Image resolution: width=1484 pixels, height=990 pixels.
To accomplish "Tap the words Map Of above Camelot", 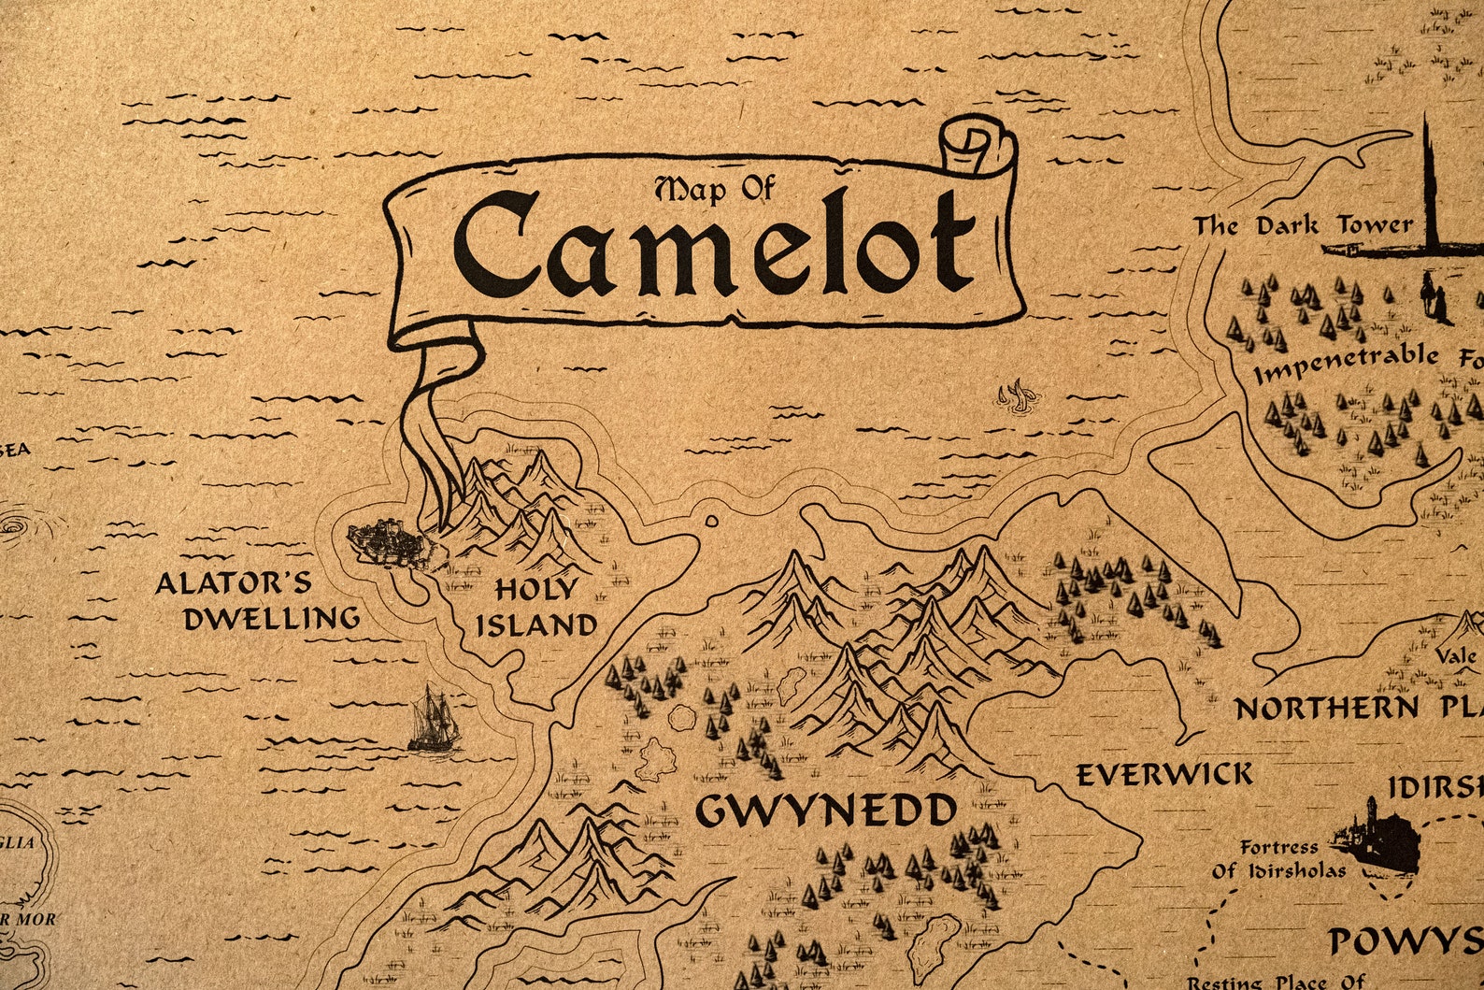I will pos(715,189).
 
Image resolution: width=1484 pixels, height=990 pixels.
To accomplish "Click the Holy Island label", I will pos(535,608).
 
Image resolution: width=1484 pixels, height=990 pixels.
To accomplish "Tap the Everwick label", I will pos(1163,775).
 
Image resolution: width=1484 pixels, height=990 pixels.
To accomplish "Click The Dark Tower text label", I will pos(1303,226).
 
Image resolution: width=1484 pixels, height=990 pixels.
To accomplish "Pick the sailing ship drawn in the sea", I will pos(435,720).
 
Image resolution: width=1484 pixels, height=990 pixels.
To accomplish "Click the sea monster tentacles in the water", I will pos(1016,396).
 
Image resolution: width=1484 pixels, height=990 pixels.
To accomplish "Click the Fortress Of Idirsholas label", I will pos(1279,859).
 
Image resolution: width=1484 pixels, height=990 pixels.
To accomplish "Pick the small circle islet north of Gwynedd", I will pos(712,521).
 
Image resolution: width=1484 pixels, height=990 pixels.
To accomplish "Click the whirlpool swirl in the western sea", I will pos(13,529).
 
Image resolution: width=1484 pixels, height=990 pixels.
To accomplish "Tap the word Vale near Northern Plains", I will pos(1459,656).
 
